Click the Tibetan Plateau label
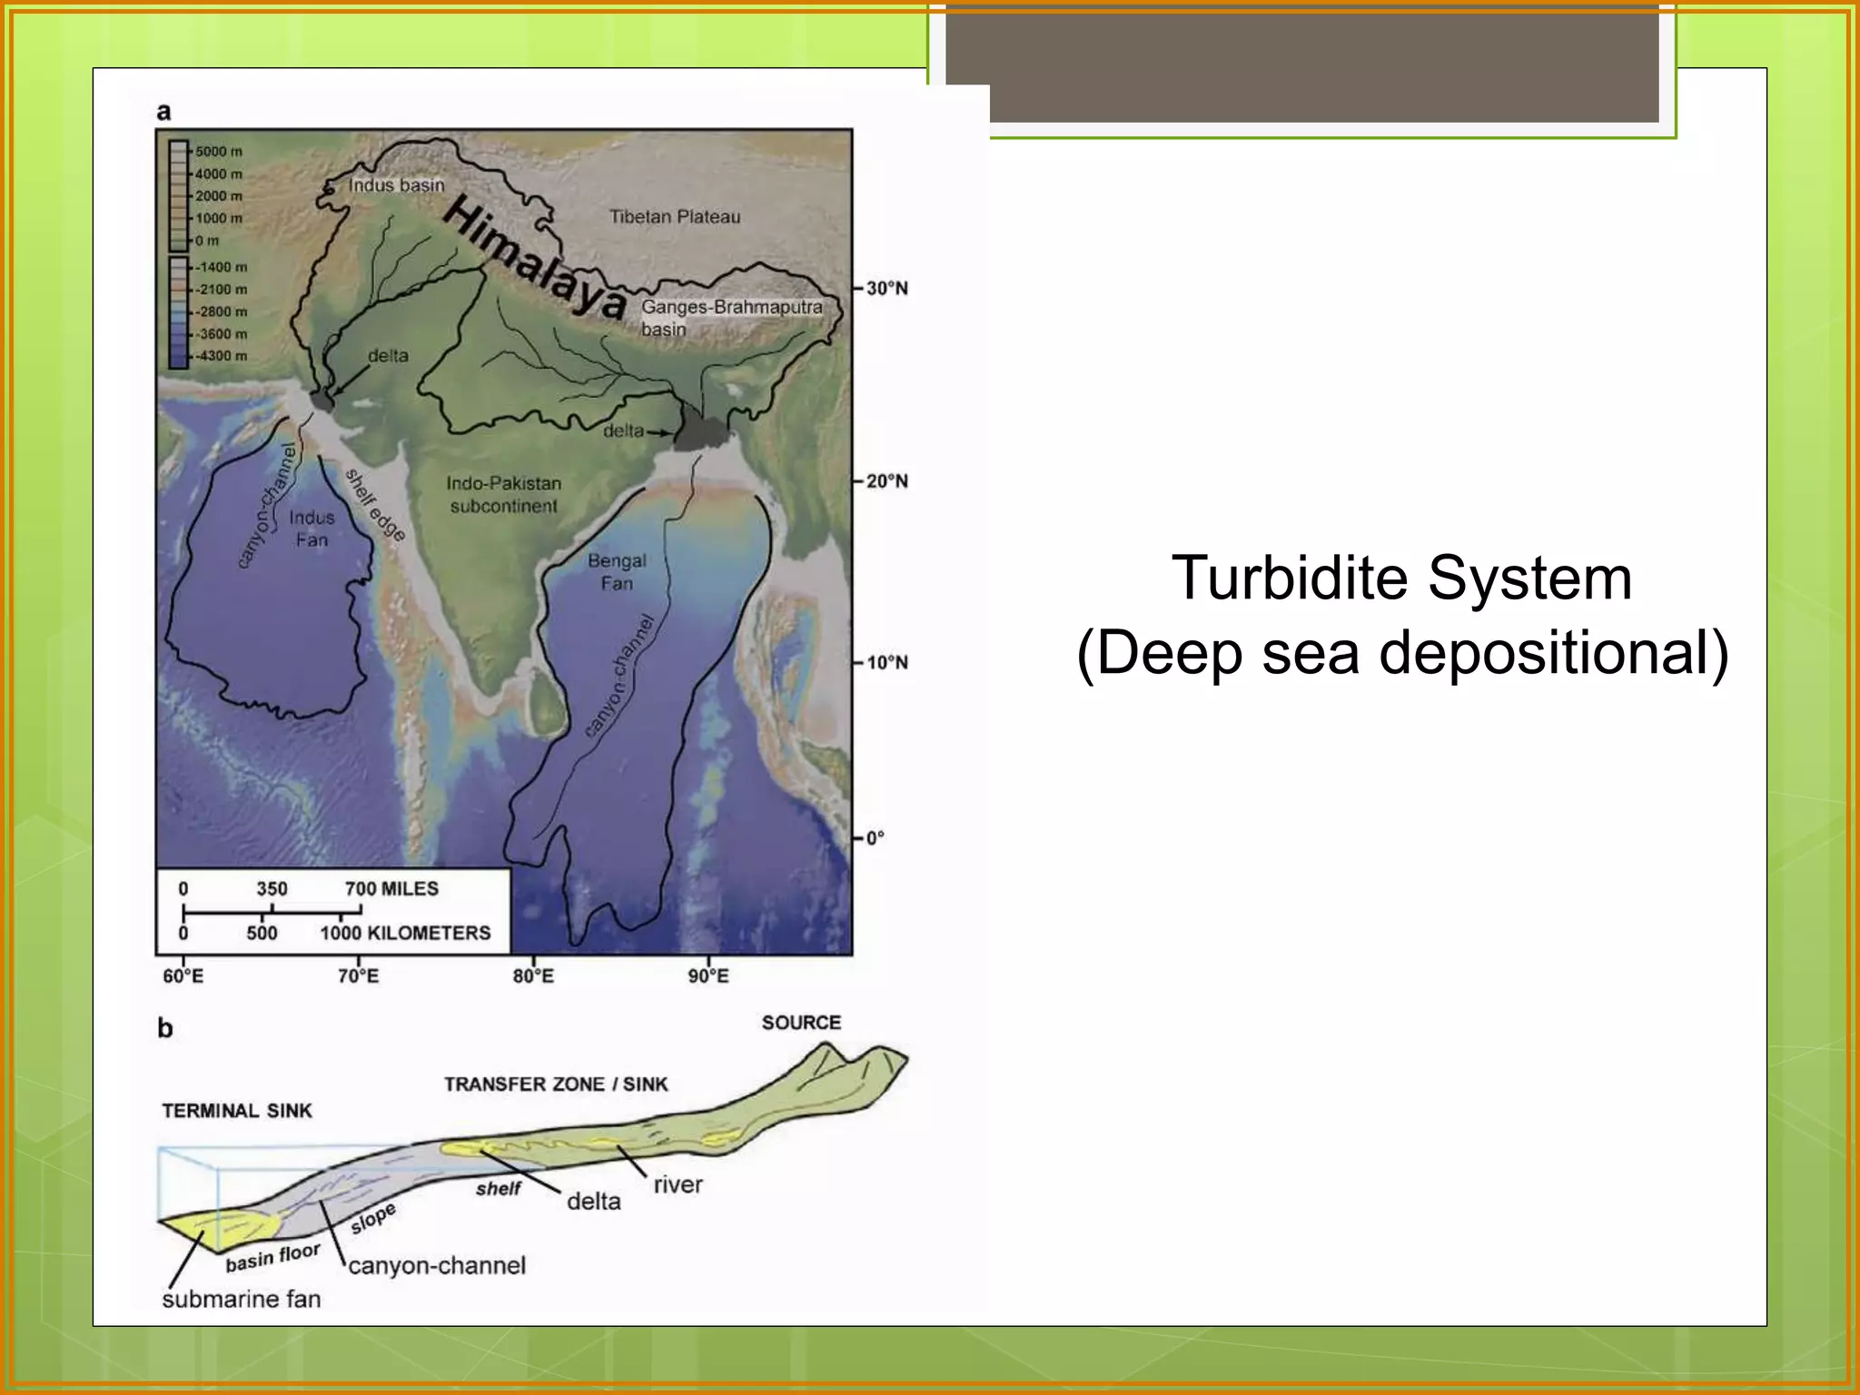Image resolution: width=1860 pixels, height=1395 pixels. point(674,217)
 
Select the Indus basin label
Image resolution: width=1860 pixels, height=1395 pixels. point(397,185)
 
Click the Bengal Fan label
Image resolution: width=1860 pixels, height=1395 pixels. point(617,572)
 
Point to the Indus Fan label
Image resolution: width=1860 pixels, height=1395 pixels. point(312,529)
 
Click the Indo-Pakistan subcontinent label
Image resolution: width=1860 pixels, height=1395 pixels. point(503,495)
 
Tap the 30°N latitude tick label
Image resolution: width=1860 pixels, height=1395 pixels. point(886,289)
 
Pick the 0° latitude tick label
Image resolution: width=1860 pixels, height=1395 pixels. point(875,838)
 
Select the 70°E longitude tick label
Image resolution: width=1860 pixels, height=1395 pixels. point(358,976)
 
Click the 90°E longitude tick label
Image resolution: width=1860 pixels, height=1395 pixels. point(708,976)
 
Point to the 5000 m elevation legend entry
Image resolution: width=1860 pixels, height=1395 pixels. point(218,152)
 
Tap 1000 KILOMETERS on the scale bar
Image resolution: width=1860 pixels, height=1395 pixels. point(405,933)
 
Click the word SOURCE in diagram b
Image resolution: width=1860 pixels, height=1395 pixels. point(801,1023)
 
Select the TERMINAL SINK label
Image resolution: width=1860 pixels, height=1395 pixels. point(237,1111)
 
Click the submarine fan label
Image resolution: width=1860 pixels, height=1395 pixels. point(242,1300)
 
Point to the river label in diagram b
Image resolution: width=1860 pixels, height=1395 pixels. point(678,1185)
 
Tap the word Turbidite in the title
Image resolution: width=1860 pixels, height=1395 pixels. point(1290,579)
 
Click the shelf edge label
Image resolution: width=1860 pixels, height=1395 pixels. point(374,505)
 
